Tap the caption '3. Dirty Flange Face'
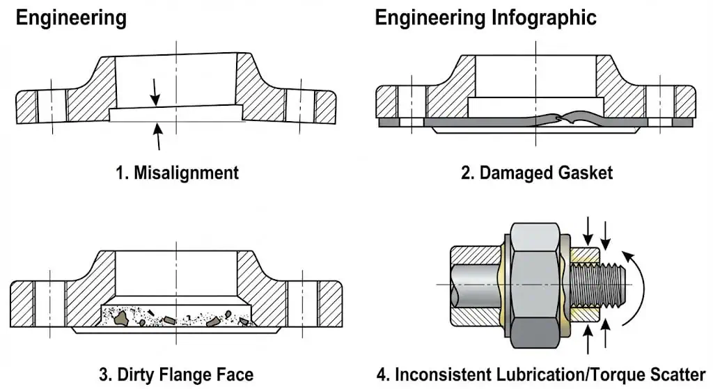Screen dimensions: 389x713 (176, 374)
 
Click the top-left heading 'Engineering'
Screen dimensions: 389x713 (71, 17)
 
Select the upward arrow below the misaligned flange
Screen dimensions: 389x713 (159, 136)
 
